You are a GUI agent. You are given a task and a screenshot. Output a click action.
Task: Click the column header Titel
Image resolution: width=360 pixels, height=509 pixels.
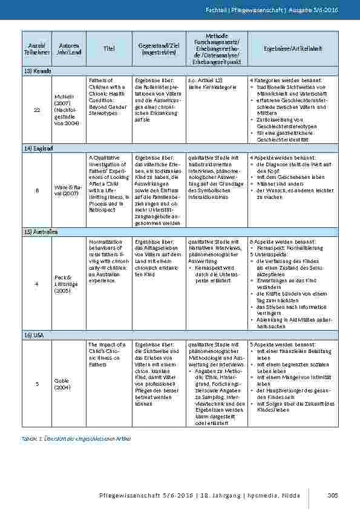tap(109, 48)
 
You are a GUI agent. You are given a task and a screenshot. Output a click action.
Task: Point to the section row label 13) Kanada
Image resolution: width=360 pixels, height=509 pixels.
tap(38, 71)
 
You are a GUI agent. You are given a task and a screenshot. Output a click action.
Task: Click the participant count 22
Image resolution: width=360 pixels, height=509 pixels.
tap(37, 109)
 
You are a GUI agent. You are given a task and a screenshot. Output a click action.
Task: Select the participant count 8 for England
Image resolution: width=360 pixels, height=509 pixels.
tap(37, 190)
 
